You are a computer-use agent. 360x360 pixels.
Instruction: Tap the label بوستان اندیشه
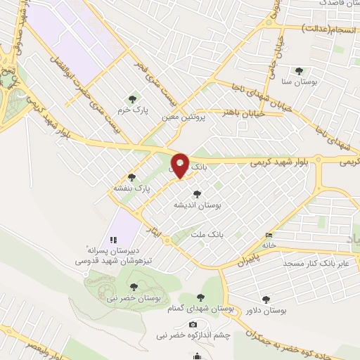(x=198, y=205)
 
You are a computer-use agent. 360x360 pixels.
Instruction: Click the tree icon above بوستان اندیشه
(x=198, y=194)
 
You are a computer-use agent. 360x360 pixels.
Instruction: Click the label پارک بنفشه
(x=131, y=188)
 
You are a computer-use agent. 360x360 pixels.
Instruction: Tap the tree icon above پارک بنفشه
(x=131, y=177)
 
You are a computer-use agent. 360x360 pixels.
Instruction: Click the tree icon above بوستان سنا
(x=300, y=71)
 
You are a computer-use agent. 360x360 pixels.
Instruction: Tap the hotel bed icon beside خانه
(x=268, y=235)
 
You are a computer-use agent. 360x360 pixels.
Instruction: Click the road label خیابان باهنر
(x=243, y=112)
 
